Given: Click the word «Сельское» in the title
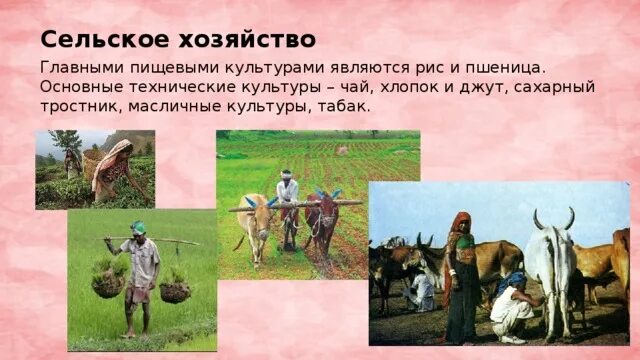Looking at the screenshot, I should point(89,39).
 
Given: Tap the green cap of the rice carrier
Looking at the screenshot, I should point(138,228).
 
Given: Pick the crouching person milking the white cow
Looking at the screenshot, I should point(511,306).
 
